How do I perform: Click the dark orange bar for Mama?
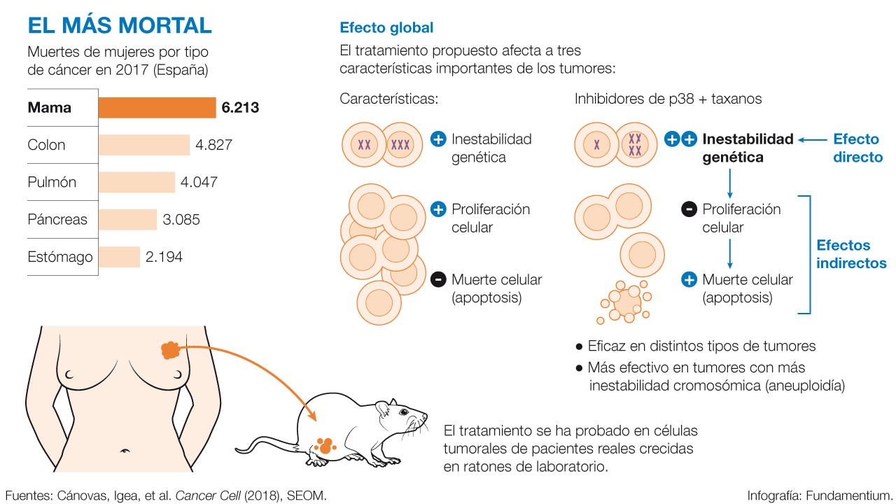[157, 108]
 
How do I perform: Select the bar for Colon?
[144, 145]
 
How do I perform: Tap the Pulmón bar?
[136, 182]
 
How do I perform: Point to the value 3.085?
[181, 220]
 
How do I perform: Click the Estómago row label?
[60, 257]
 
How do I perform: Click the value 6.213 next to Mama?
[240, 108]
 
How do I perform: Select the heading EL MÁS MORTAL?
[120, 25]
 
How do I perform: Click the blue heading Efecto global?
[386, 28]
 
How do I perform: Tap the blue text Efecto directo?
[857, 148]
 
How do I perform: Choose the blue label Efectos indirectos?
[851, 254]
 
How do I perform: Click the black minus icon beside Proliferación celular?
[689, 209]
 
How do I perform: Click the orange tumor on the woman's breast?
[170, 349]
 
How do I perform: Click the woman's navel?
[126, 450]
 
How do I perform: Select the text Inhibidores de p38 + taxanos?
[668, 99]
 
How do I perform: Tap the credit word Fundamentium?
[848, 496]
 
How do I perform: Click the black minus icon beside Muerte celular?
[438, 279]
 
